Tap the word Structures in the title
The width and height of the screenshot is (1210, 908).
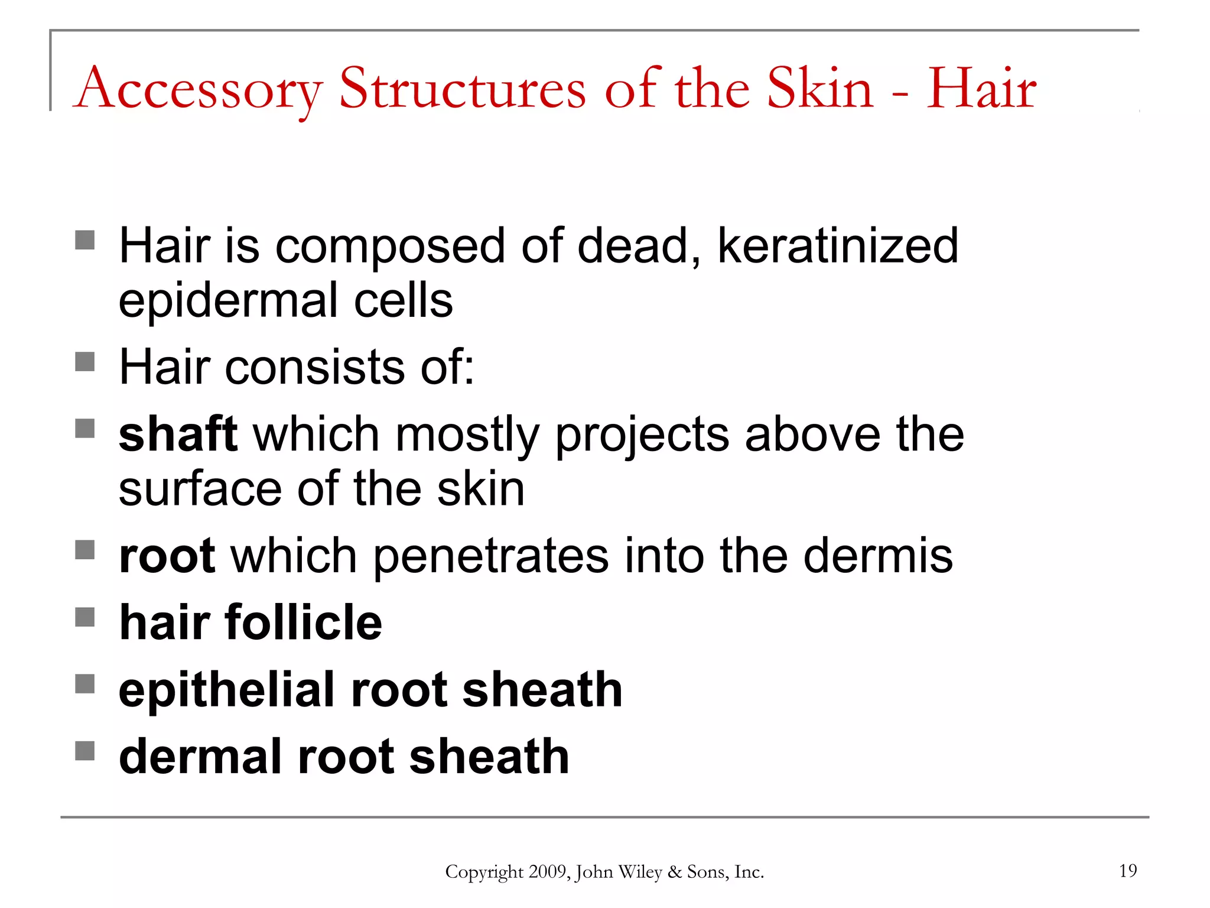point(462,89)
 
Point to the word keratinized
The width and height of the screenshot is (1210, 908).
point(837,246)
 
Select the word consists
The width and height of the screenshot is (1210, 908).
point(314,367)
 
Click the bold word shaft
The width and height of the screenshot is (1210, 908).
point(178,434)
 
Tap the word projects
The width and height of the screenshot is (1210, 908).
point(642,436)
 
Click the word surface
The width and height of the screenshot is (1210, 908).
point(200,489)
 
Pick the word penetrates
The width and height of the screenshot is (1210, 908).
point(490,557)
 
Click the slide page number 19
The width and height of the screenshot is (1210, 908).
point(1128,871)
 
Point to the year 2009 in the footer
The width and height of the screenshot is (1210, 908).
point(549,872)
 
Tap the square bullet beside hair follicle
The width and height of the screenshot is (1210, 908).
point(85,618)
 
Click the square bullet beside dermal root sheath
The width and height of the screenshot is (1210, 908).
point(85,751)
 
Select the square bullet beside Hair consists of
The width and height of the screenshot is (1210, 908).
point(85,362)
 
